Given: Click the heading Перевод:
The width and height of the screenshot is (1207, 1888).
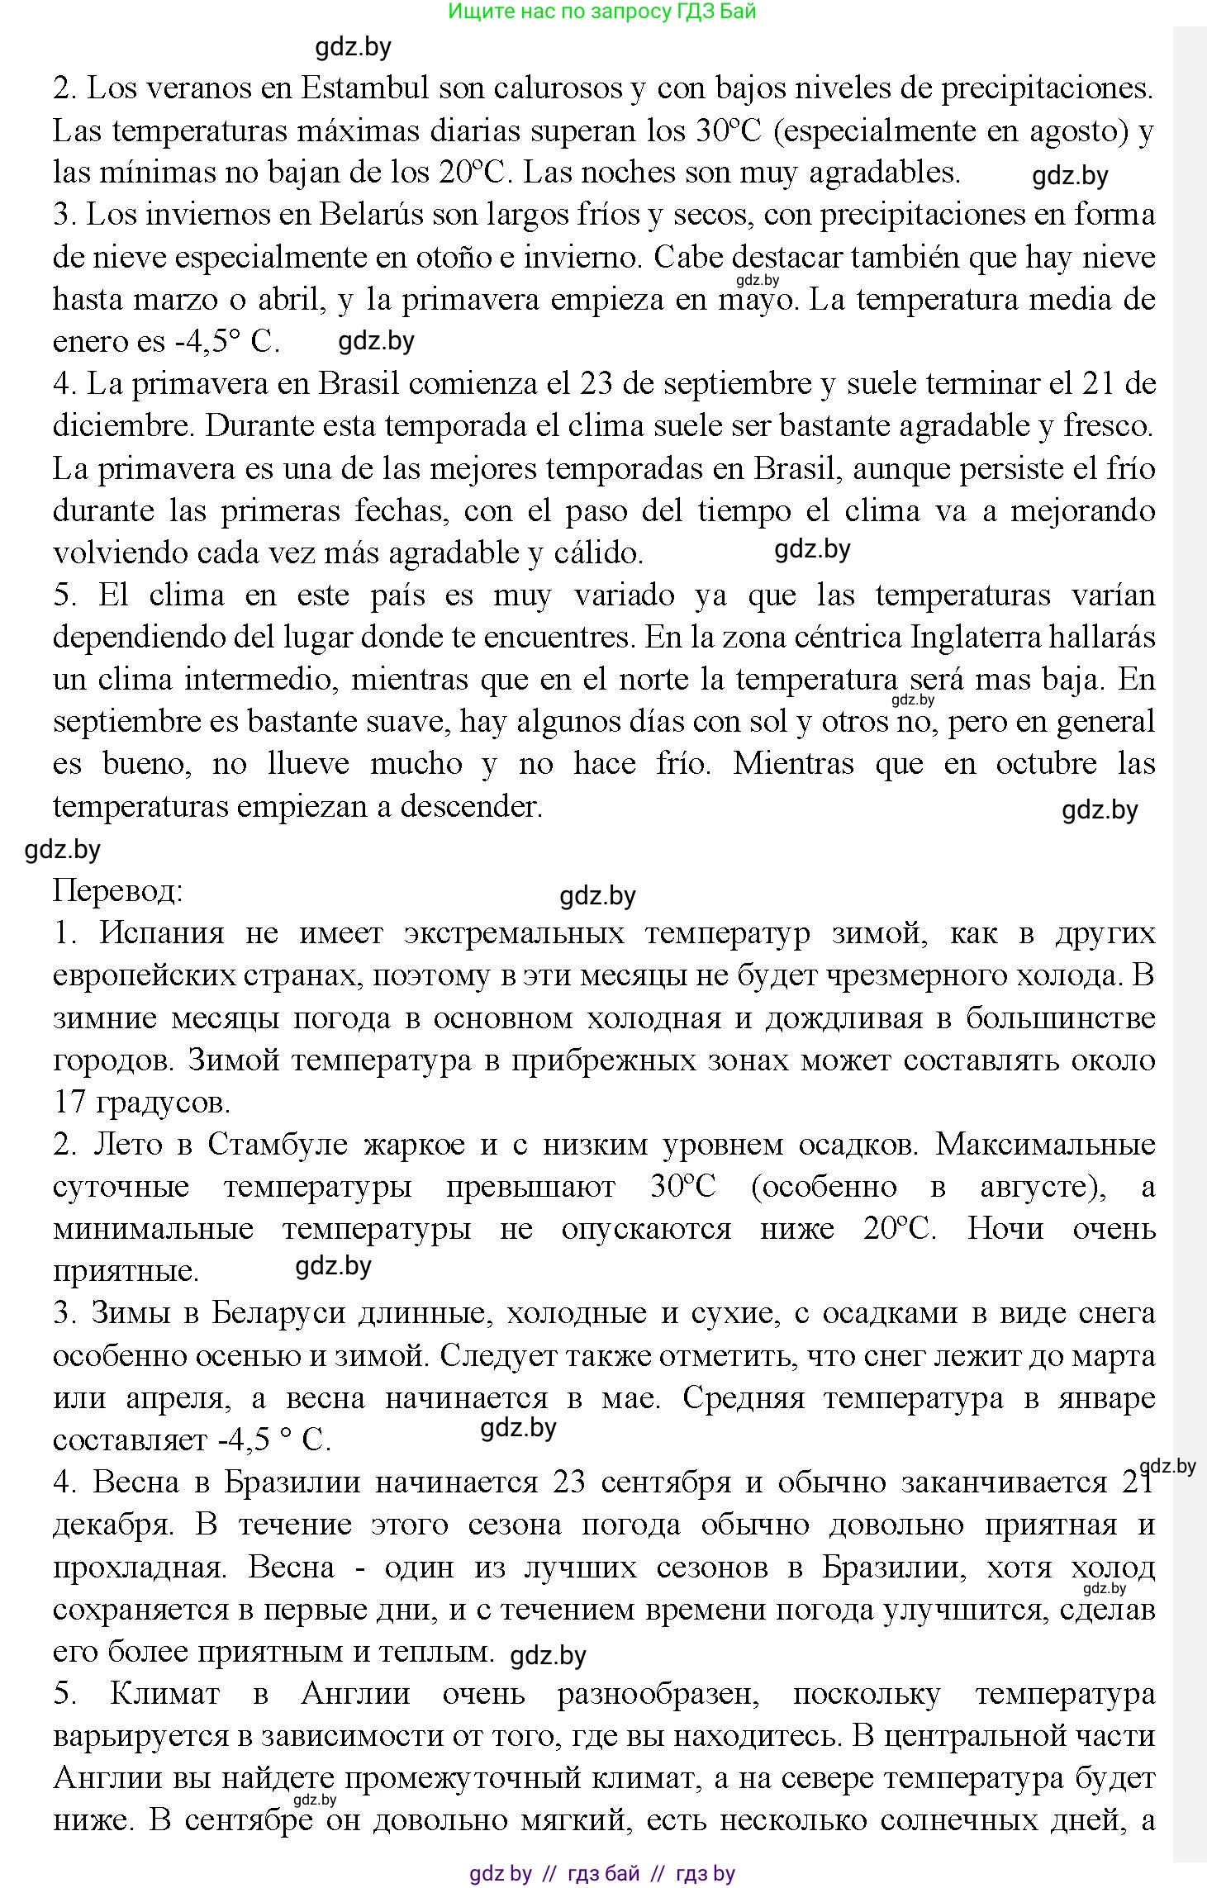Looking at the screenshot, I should (x=117, y=890).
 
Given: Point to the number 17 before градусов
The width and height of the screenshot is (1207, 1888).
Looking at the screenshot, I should (x=69, y=1103).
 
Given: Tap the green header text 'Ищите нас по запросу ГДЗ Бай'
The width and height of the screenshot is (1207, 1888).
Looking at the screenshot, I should (x=602, y=11).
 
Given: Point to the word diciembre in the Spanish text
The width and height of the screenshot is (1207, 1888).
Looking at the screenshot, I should (x=121, y=426).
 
